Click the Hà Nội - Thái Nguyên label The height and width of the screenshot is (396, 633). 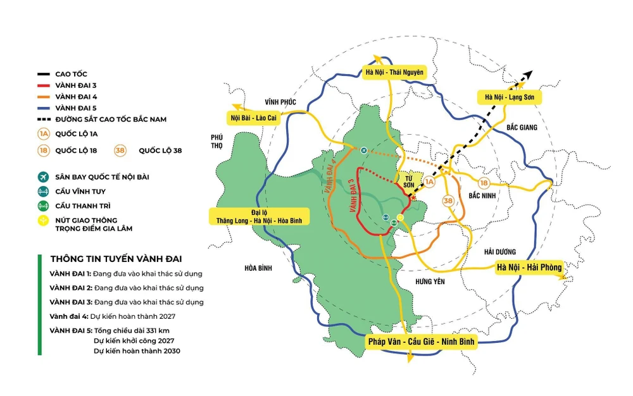coord(394,71)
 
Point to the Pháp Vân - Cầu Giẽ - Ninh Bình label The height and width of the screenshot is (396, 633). coord(421,342)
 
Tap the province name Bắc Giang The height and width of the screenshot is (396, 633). coord(522,128)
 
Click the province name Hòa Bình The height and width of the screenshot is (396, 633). coord(258,268)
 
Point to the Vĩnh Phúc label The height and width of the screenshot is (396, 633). coord(280,101)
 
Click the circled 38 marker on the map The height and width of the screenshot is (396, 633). coord(449,201)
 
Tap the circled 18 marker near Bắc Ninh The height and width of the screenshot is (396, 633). coord(484,182)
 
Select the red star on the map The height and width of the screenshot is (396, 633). coord(413,198)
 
